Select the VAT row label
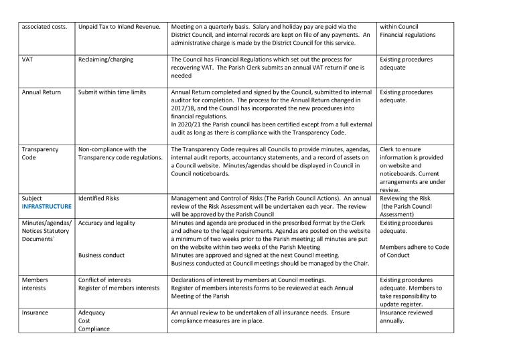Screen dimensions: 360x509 pyautogui.click(x=29, y=60)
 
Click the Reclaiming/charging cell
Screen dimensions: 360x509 pyautogui.click(x=105, y=60)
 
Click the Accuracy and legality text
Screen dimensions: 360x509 pyautogui.click(x=106, y=223)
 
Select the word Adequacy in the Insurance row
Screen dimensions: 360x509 pyautogui.click(x=92, y=312)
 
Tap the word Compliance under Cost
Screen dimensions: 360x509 pyautogui.click(x=95, y=329)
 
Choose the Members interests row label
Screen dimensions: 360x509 pyautogui.click(x=35, y=284)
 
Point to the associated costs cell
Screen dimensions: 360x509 pyautogui.click(x=44, y=26)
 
